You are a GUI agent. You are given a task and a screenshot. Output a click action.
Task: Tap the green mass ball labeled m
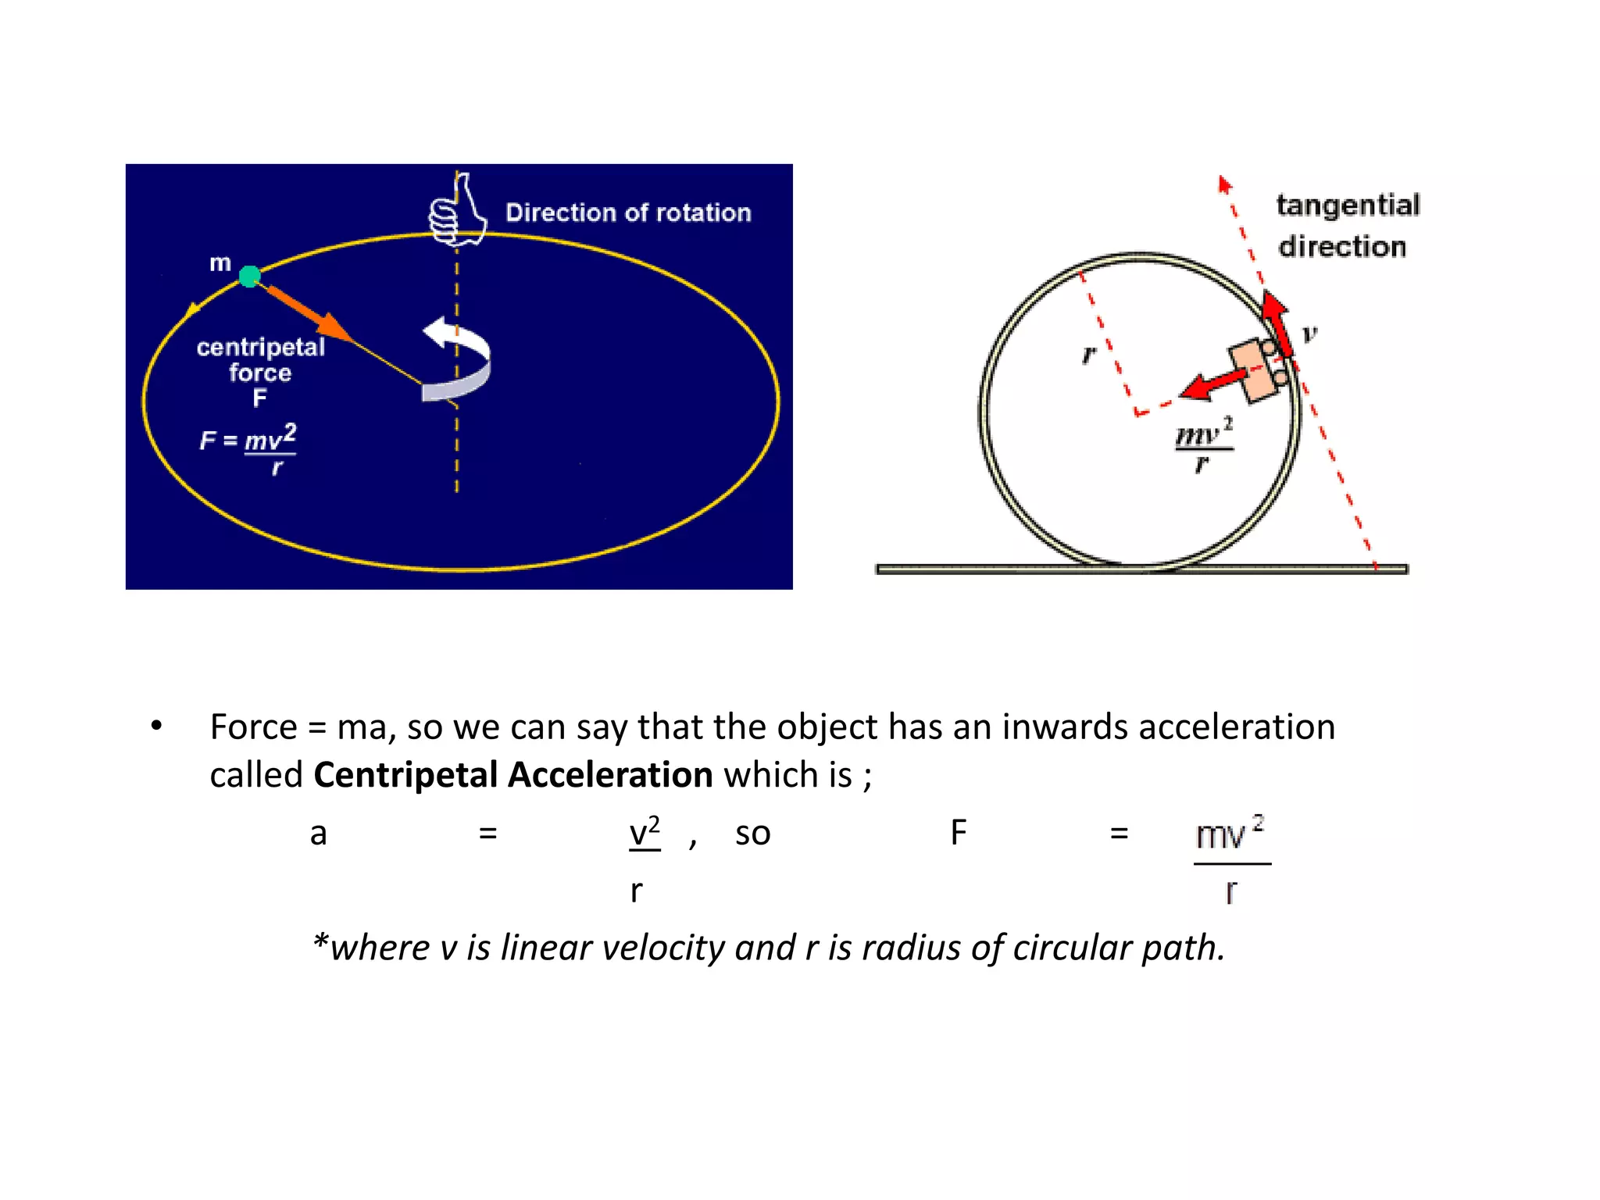click(250, 276)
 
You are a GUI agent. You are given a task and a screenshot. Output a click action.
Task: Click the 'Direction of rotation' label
click(628, 212)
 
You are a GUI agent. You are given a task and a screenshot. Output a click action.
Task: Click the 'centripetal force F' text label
click(260, 372)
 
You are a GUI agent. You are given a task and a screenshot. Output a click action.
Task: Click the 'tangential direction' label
click(1347, 225)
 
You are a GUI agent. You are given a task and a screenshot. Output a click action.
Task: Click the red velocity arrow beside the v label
click(1277, 320)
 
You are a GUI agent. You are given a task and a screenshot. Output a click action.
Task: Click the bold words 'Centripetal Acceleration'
click(512, 775)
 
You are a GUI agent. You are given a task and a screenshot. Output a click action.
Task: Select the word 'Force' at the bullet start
click(253, 727)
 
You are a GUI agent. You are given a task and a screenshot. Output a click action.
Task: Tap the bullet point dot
click(157, 726)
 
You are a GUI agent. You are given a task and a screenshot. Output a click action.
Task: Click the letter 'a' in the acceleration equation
click(318, 834)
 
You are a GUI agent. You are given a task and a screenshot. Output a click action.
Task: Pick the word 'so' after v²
click(752, 834)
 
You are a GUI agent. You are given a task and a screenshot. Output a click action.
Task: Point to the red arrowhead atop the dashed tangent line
click(1224, 184)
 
